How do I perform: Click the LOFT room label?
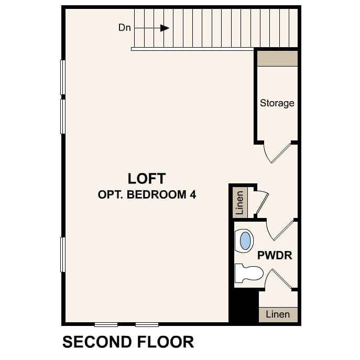[x=147, y=179]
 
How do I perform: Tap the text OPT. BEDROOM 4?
[x=147, y=195]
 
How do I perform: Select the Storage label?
[x=277, y=103]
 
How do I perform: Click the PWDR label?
[x=275, y=255]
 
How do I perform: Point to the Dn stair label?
[x=124, y=28]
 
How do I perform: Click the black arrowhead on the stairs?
[x=165, y=28]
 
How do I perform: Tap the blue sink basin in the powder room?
[x=245, y=241]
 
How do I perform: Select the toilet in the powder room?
[x=249, y=273]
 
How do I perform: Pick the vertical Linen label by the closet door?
[x=239, y=203]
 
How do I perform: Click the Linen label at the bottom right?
[x=278, y=314]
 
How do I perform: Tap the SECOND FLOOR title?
[x=128, y=342]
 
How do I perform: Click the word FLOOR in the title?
[x=166, y=342]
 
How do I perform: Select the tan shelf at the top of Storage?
[x=277, y=59]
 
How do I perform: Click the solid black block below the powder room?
[x=244, y=306]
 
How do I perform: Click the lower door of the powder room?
[x=278, y=279]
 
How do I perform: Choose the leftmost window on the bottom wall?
[x=106, y=325]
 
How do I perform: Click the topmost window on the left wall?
[x=63, y=78]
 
